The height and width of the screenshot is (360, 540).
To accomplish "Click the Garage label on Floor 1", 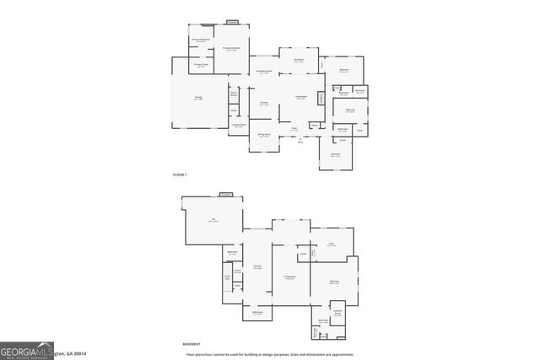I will [x=198, y=99].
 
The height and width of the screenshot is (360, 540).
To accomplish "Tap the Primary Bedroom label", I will [x=231, y=49].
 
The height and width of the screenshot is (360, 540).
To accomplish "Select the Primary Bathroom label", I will [x=200, y=40].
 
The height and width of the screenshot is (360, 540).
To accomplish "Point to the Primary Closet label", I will [x=200, y=65].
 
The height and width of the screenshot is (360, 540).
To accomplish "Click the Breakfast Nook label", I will [x=264, y=72].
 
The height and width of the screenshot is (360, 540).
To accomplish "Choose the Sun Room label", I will [x=299, y=60].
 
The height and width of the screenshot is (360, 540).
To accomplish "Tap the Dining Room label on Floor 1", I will [x=263, y=135].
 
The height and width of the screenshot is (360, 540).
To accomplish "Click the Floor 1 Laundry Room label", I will [x=238, y=125].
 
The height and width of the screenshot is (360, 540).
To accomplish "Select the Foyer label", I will [x=294, y=130].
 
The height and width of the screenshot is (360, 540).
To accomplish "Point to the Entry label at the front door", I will [x=300, y=142].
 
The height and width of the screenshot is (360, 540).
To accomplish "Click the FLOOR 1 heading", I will [x=179, y=174].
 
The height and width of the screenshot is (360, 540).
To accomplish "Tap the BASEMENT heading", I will [x=192, y=344].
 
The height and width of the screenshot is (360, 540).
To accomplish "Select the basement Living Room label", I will [x=289, y=277].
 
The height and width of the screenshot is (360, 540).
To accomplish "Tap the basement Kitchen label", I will [x=257, y=266].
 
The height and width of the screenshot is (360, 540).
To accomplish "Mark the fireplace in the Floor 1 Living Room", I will [x=321, y=99].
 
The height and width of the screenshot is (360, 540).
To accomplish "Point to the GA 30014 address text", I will [x=71, y=354].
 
